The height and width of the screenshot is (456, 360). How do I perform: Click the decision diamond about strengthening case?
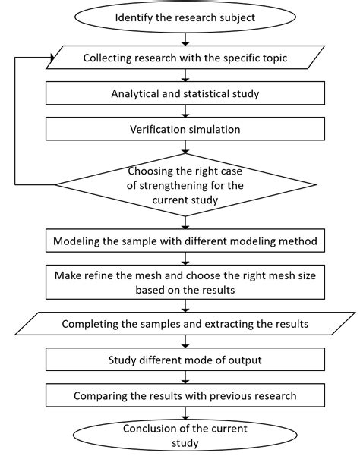[185, 184]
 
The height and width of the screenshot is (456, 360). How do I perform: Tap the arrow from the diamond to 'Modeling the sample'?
[185, 222]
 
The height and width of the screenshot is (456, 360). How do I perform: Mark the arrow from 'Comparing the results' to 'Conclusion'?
[185, 413]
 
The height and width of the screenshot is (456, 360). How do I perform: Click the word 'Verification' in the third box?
[151, 129]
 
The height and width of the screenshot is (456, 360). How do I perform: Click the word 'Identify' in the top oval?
[134, 17]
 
